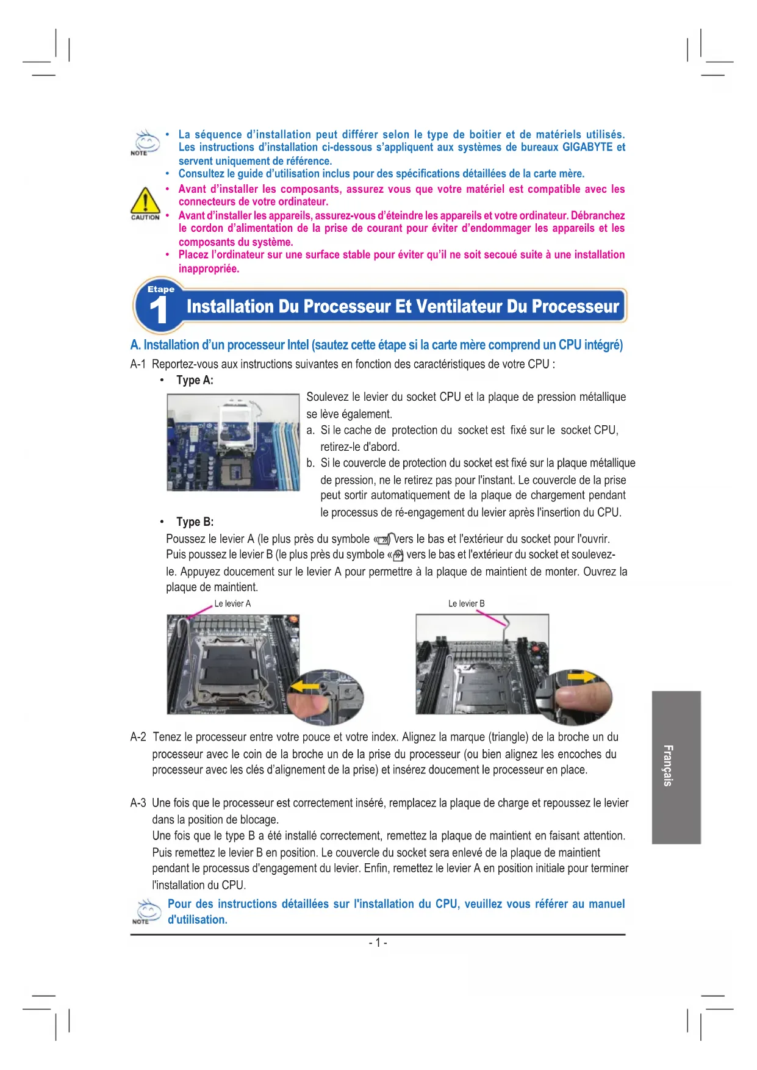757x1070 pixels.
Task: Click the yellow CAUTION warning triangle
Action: (x=145, y=200)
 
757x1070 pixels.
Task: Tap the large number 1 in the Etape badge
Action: (x=158, y=310)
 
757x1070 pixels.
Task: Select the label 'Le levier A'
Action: (x=232, y=603)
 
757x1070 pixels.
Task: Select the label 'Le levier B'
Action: (x=467, y=603)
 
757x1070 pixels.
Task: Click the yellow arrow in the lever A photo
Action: (x=304, y=687)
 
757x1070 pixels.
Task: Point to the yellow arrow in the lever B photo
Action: (x=585, y=677)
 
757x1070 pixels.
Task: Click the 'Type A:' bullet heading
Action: (x=195, y=380)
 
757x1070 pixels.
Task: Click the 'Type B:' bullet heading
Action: (x=195, y=522)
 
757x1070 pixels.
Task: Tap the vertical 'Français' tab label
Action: (x=669, y=766)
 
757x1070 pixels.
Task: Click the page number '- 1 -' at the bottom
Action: (x=378, y=943)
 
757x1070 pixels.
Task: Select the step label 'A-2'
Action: (x=138, y=737)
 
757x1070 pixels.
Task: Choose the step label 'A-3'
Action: (x=138, y=803)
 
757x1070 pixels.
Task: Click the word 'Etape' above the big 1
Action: (x=161, y=289)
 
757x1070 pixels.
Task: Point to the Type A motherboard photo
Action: (x=234, y=442)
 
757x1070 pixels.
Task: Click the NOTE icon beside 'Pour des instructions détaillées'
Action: (x=146, y=911)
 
